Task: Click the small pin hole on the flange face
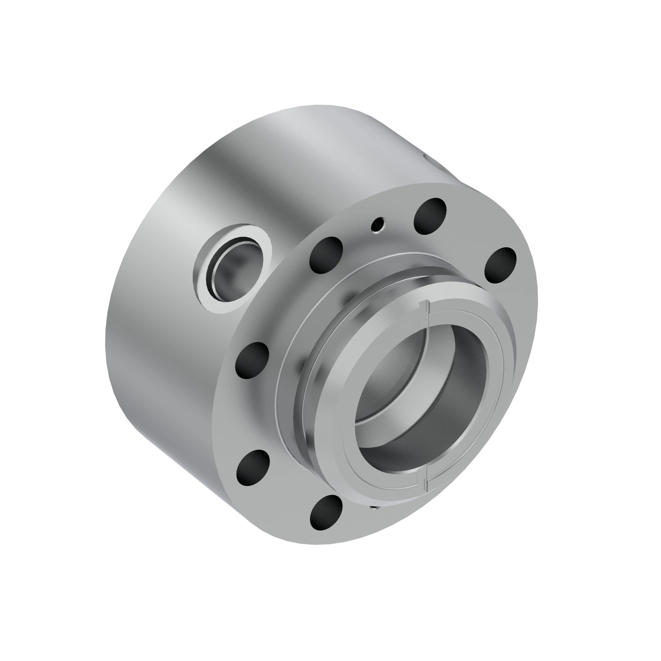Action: click(x=379, y=224)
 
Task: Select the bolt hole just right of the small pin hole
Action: click(x=430, y=215)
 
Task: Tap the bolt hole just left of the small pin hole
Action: click(x=326, y=255)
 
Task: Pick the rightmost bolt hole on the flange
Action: click(x=500, y=265)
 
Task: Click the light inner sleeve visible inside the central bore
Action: click(x=387, y=376)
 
